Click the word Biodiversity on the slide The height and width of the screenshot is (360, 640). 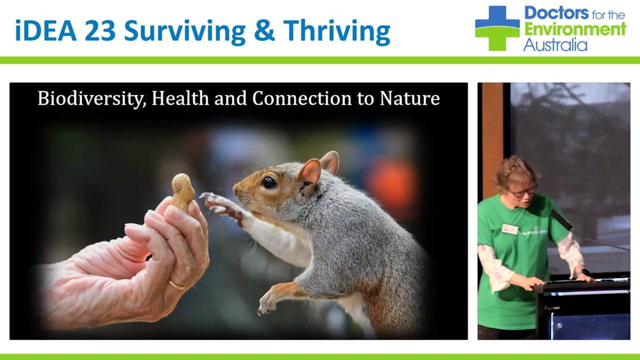coord(91,98)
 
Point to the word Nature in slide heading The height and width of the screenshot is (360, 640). coord(409,98)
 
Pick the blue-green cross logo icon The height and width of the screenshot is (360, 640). coord(497,28)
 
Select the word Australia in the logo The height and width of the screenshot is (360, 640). coord(555,45)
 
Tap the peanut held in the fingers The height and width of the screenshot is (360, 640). coord(182,191)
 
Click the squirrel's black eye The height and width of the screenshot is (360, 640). coord(269,182)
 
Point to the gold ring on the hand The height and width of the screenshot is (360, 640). coord(176,285)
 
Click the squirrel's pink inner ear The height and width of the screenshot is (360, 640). coord(310,172)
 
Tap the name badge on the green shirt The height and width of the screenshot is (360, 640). coord(509,229)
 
